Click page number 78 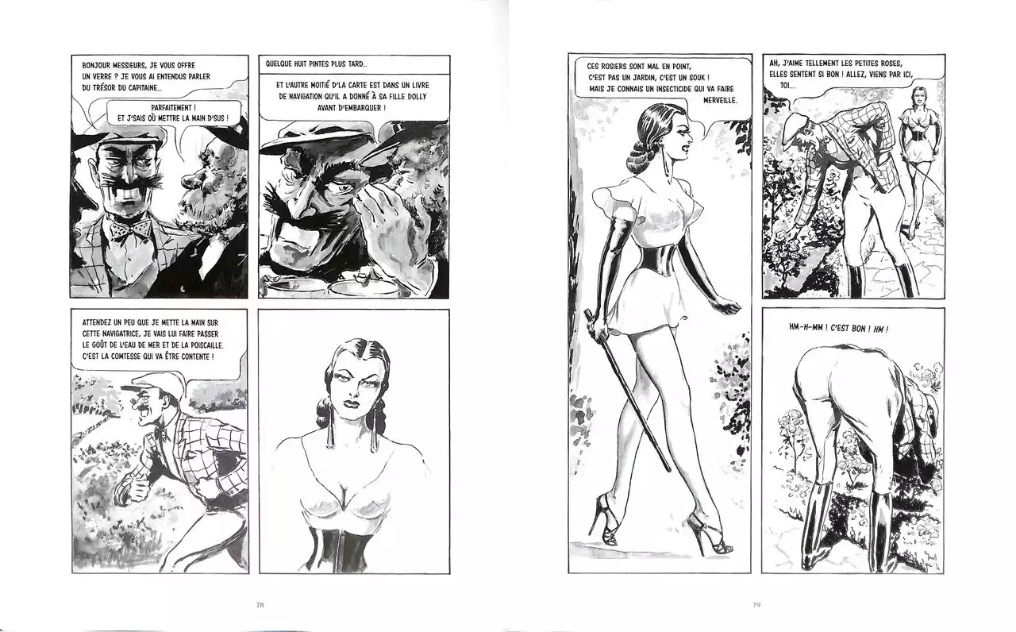260,605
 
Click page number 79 756,605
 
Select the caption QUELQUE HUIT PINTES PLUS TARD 316,64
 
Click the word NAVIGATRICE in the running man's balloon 108,334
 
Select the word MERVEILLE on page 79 719,100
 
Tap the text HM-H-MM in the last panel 805,329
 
